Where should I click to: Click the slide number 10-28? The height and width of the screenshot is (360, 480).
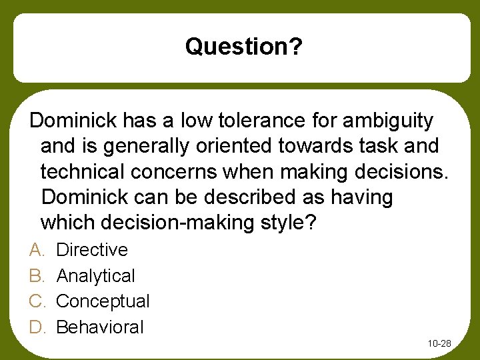coord(439,343)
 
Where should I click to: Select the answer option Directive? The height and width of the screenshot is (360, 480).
coord(92,250)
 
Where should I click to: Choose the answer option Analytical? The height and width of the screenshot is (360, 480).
coord(95,276)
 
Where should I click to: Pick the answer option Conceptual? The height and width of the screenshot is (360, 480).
coord(103,301)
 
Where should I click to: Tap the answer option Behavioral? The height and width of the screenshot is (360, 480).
coord(100,327)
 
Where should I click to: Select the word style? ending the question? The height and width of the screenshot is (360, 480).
coord(287,223)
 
